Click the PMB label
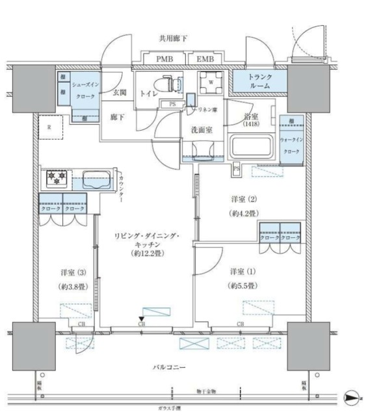click(x=164, y=59)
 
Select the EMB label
click(x=207, y=59)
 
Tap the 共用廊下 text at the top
click(x=174, y=39)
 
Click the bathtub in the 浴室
click(x=251, y=146)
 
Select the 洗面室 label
click(x=201, y=130)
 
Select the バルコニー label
click(x=172, y=367)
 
